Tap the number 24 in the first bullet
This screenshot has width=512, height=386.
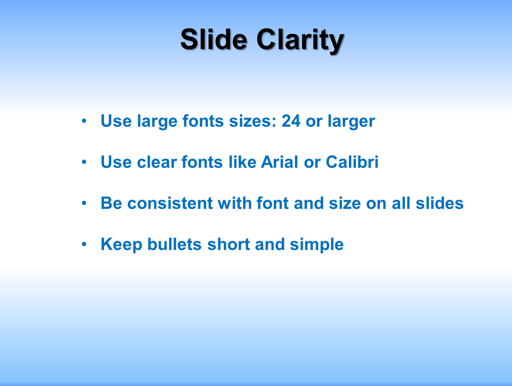click(x=291, y=121)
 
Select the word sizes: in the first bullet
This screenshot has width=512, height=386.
click(x=252, y=121)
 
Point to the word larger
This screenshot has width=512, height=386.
click(x=351, y=122)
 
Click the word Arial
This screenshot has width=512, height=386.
click(x=279, y=162)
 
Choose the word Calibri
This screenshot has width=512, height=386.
click(x=352, y=162)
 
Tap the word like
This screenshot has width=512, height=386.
click(x=243, y=162)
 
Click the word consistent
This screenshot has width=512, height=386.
click(x=170, y=203)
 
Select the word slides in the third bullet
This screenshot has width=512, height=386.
click(x=439, y=203)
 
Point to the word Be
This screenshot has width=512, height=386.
click(x=111, y=203)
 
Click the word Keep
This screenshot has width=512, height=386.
click(x=121, y=245)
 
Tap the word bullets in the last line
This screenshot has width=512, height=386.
click(x=174, y=244)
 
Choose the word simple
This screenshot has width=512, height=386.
click(x=317, y=245)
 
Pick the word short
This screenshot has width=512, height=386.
click(x=228, y=244)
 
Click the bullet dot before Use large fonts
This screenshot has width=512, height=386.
click(x=84, y=121)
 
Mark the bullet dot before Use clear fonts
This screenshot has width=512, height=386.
click(x=84, y=162)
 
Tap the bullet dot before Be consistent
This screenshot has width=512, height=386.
click(x=84, y=203)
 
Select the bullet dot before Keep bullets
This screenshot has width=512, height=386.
click(x=84, y=244)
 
